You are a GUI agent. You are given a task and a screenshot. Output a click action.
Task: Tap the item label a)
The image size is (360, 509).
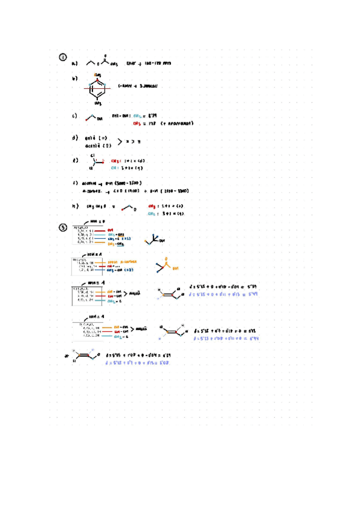(x=74, y=62)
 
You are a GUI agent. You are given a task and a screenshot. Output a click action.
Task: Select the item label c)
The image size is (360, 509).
(x=74, y=116)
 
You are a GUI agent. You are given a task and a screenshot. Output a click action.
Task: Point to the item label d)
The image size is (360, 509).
(x=74, y=138)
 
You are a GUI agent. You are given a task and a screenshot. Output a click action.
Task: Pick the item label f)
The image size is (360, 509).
(x=74, y=182)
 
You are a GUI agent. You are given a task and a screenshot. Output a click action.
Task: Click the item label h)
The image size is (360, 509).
(x=74, y=206)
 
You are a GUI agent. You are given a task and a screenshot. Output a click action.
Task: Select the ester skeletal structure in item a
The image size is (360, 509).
(x=100, y=61)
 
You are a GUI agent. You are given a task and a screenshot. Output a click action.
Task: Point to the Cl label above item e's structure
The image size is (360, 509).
(x=93, y=155)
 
